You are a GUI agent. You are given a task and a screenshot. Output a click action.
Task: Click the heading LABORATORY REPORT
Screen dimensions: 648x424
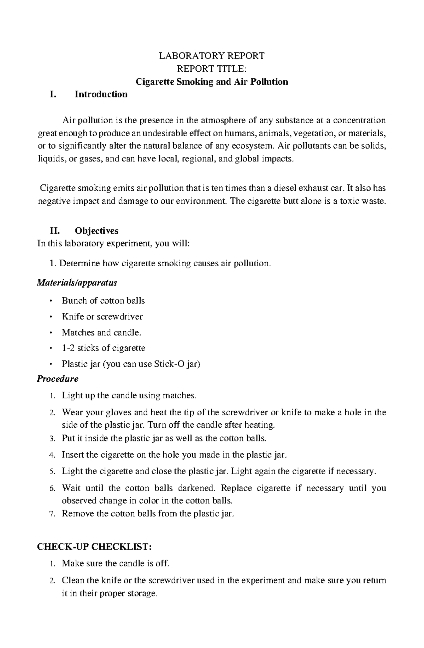click(212, 56)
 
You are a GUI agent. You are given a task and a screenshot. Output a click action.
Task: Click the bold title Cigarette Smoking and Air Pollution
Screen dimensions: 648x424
click(212, 82)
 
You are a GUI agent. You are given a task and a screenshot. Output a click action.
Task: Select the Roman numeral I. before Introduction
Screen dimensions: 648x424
click(53, 94)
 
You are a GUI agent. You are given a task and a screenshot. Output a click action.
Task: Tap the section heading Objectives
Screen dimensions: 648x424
click(96, 231)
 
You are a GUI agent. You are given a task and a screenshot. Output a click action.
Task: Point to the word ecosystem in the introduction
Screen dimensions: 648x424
click(255, 146)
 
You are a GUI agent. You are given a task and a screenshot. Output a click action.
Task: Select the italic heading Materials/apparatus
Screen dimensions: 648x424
click(77, 283)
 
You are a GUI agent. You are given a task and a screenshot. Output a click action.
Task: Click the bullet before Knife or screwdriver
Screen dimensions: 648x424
click(52, 317)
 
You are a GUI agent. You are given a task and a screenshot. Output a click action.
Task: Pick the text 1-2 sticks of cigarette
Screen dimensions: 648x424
click(104, 348)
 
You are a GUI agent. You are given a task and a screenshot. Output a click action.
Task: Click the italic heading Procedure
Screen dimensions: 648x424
click(58, 379)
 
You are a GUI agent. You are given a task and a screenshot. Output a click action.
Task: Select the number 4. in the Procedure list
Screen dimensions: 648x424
click(52, 455)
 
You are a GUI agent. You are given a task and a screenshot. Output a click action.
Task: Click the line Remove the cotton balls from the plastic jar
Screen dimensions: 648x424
click(148, 514)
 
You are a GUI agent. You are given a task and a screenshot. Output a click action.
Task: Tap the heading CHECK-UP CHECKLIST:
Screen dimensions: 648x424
click(94, 547)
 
